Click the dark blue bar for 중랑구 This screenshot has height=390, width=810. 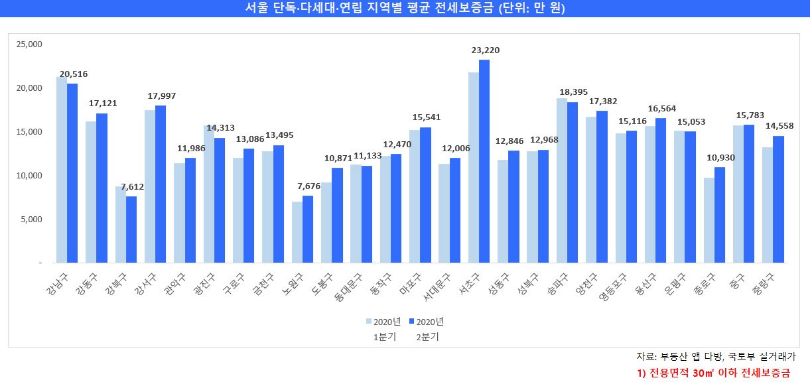click(x=779, y=200)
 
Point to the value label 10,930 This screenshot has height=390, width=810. click(x=720, y=157)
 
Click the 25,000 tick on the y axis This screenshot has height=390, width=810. click(x=29, y=44)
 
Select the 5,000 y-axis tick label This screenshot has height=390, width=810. click(x=31, y=220)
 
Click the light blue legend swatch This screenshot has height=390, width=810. click(x=370, y=322)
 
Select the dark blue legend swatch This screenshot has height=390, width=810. click(x=411, y=322)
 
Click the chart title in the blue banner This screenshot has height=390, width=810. click(x=405, y=8)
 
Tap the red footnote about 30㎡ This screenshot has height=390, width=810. click(x=712, y=373)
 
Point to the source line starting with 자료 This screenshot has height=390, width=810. click(x=716, y=357)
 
